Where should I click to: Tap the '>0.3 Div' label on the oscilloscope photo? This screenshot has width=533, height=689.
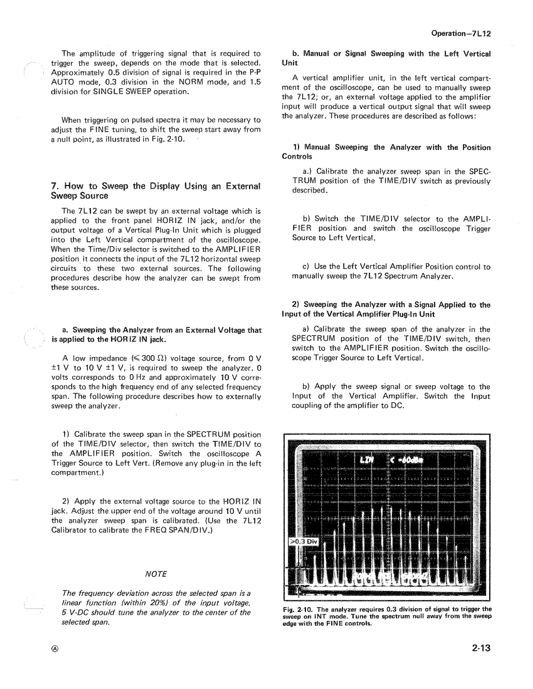(305, 542)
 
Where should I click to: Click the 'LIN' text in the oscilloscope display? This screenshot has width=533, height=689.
(367, 461)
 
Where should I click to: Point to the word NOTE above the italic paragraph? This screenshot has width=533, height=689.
(156, 574)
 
